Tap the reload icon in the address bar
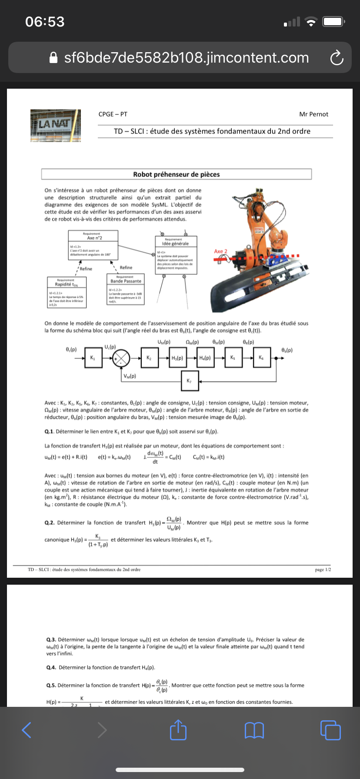click(337, 58)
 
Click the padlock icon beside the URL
click(53, 58)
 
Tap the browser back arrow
click(27, 730)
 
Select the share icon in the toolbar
click(178, 729)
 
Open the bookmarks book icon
click(254, 730)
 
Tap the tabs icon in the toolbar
click(330, 730)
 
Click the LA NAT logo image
click(56, 125)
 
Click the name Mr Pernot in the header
click(313, 114)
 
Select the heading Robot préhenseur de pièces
click(177, 174)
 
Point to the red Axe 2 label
click(221, 251)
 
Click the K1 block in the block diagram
click(93, 358)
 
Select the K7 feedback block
click(189, 381)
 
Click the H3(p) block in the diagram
click(177, 358)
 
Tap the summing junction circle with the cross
click(121, 358)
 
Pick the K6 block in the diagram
click(261, 358)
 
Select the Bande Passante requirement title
click(126, 281)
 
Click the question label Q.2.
click(50, 523)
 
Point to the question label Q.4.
click(51, 667)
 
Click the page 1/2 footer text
click(323, 569)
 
